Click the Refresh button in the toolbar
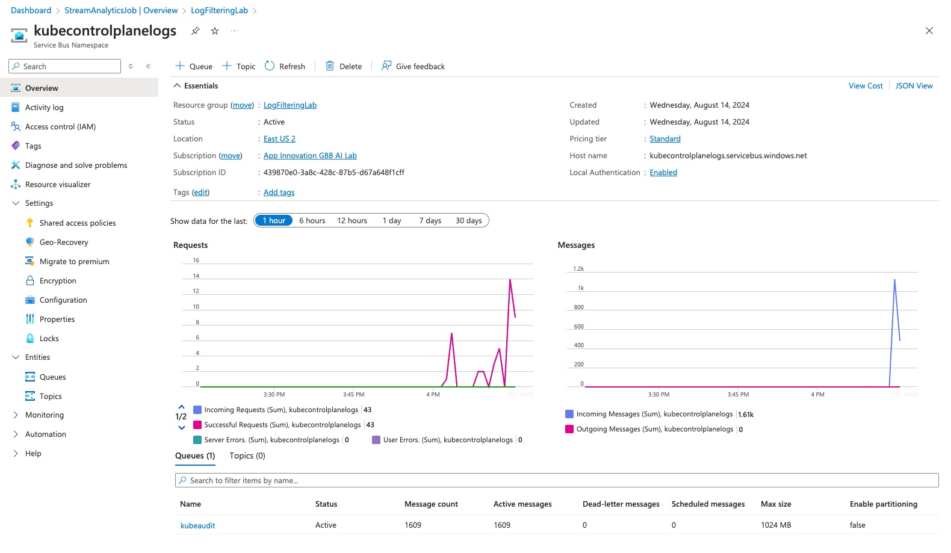click(x=285, y=66)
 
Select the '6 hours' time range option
click(x=312, y=221)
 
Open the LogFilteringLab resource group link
click(x=290, y=105)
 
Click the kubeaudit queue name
click(x=197, y=525)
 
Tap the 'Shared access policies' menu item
click(x=77, y=223)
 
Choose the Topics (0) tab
click(x=247, y=456)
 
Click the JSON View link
click(x=914, y=86)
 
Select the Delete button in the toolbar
click(x=344, y=66)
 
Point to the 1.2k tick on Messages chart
click(x=578, y=269)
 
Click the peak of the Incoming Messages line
click(x=894, y=280)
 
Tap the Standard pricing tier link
click(x=664, y=139)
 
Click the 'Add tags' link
click(x=279, y=193)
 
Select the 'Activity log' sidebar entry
click(x=44, y=108)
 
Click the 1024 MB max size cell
click(x=775, y=525)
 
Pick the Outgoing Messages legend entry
click(x=654, y=430)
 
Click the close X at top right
click(x=929, y=31)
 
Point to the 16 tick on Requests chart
click(x=196, y=261)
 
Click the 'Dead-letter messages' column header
click(x=621, y=504)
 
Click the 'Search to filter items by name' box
click(x=556, y=480)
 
